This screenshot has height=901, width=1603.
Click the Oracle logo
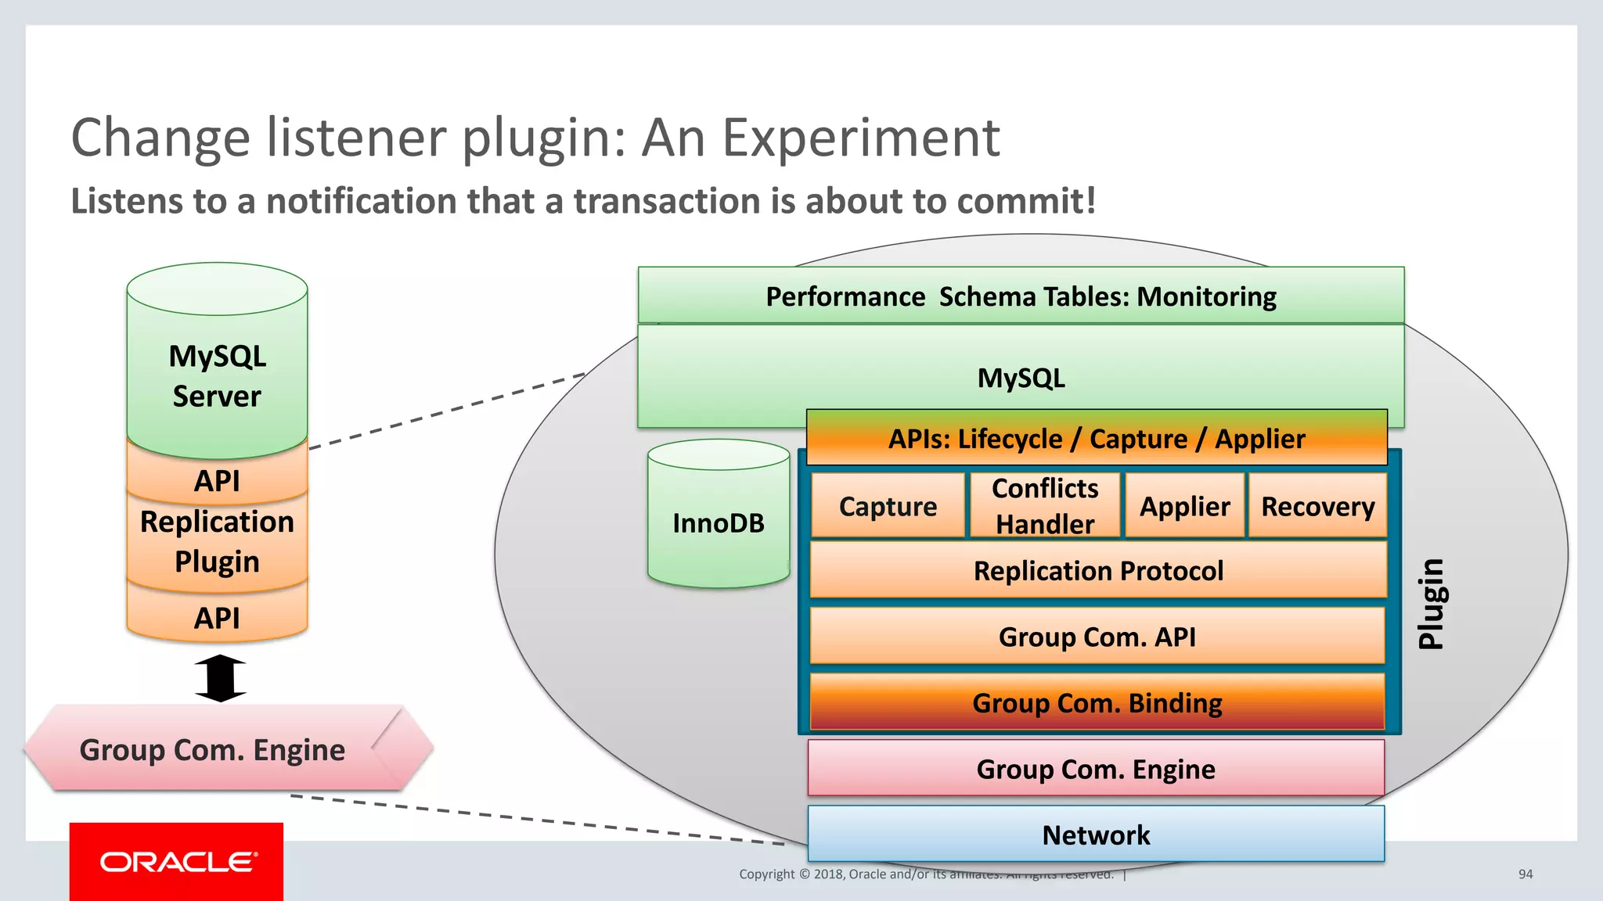click(x=177, y=861)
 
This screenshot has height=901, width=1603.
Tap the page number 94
click(x=1526, y=874)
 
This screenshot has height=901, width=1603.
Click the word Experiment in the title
click(x=860, y=138)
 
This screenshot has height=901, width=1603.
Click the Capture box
click(x=888, y=506)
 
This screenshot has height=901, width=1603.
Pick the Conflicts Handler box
click(x=1045, y=506)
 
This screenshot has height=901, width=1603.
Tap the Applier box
click(x=1184, y=506)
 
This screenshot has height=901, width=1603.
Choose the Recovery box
click(x=1317, y=506)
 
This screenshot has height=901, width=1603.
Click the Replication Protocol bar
click(x=1097, y=570)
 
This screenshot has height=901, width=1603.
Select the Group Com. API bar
click(x=1097, y=637)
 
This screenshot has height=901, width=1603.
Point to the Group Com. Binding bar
click(x=1097, y=702)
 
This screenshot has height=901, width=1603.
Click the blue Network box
click(x=1096, y=835)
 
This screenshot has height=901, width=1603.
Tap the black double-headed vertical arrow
click(x=220, y=678)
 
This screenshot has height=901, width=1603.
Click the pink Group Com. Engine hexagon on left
click(x=213, y=749)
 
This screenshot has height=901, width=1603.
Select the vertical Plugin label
click(x=1431, y=603)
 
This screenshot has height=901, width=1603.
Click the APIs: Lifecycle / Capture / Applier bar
click(x=1096, y=439)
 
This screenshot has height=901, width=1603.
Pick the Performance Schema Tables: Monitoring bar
click(x=1021, y=296)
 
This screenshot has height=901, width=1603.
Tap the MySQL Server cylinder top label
click(x=217, y=376)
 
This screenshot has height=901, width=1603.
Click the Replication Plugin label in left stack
click(x=217, y=541)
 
